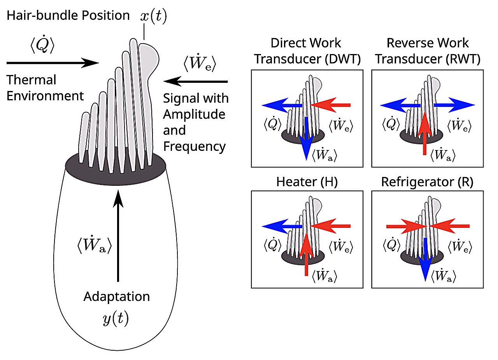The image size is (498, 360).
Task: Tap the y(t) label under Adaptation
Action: (x=115, y=319)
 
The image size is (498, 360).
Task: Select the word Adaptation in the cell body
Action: (x=117, y=297)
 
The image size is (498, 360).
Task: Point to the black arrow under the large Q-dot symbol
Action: (x=53, y=62)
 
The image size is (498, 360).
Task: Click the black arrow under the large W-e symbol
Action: (x=195, y=81)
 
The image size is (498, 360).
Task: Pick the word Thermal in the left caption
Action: (x=32, y=80)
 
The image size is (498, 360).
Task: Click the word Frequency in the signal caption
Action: (x=195, y=146)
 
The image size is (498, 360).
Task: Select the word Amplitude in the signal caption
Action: (x=194, y=114)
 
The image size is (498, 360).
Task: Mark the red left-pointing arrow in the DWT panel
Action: (x=331, y=105)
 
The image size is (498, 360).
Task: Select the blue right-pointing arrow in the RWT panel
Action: (x=453, y=105)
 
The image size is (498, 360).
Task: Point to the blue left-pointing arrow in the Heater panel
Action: (x=282, y=226)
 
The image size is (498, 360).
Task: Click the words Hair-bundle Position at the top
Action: (x=68, y=16)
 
